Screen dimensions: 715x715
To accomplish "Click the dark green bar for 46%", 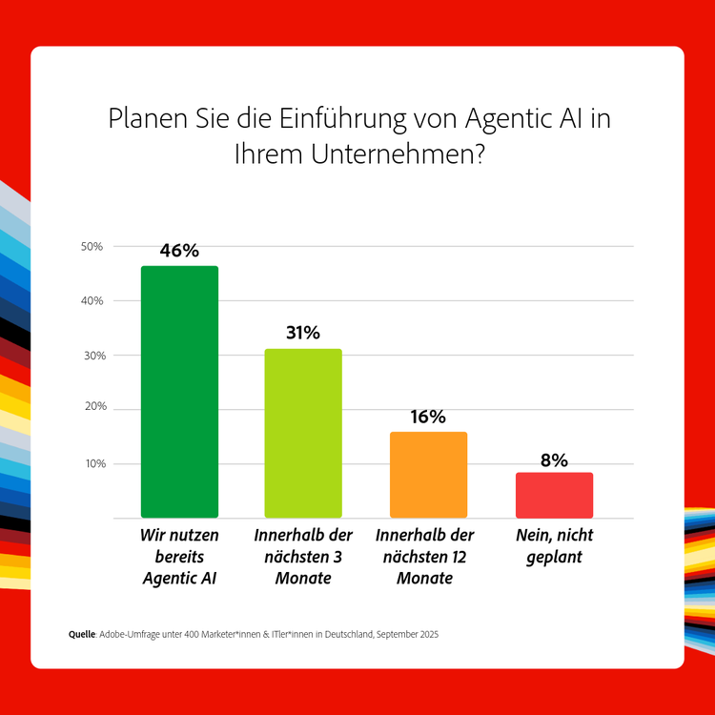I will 179,391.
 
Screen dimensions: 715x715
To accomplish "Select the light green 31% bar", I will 303,433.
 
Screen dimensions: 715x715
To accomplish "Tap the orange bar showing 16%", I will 428,474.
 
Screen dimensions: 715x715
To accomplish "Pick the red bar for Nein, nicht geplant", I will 554,495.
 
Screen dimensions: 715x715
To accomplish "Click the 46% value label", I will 179,251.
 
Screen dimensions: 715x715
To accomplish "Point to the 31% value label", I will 303,333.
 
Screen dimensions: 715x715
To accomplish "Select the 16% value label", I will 428,417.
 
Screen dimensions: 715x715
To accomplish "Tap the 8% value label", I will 554,460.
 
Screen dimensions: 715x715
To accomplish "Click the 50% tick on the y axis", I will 92,247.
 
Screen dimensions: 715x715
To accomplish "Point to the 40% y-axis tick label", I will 92,301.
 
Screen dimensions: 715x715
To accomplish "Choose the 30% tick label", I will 92,356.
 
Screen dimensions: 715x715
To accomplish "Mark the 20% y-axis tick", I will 92,409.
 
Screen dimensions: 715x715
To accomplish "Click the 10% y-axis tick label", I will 92,464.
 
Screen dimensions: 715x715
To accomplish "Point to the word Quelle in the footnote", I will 83,634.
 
